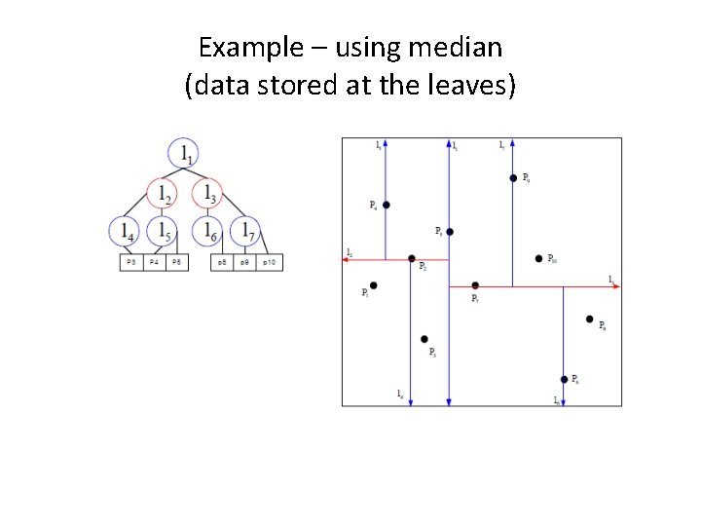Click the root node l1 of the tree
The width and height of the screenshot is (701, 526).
pyautogui.click(x=185, y=152)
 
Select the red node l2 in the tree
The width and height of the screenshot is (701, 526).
pyautogui.click(x=162, y=193)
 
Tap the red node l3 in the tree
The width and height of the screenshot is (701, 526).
pyautogui.click(x=206, y=193)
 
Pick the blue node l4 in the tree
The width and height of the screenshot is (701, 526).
pyautogui.click(x=125, y=231)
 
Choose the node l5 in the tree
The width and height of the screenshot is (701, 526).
pyautogui.click(x=162, y=231)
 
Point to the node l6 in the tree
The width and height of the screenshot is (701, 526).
pyautogui.click(x=206, y=231)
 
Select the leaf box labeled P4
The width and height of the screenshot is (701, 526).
pyautogui.click(x=154, y=263)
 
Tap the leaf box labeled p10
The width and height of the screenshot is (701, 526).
pyautogui.click(x=270, y=263)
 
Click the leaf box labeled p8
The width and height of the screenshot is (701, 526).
pyautogui.click(x=223, y=263)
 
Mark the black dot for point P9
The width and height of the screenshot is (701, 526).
pyautogui.click(x=513, y=178)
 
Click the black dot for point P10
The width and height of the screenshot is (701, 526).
pyautogui.click(x=539, y=258)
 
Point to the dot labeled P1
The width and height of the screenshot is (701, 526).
pyautogui.click(x=373, y=285)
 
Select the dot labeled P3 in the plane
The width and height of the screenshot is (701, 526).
pyautogui.click(x=424, y=339)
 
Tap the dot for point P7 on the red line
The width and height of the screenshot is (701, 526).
pyautogui.click(x=475, y=285)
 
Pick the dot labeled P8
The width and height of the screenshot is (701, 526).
pyautogui.click(x=590, y=319)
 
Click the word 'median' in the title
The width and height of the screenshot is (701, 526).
pyautogui.click(x=455, y=46)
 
